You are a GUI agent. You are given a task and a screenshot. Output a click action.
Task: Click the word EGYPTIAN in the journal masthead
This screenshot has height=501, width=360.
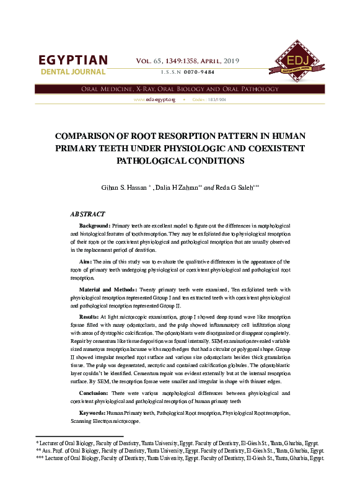pyautogui.click(x=73, y=60)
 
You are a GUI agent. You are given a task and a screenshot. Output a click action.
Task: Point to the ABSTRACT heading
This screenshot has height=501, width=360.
pyautogui.click(x=88, y=214)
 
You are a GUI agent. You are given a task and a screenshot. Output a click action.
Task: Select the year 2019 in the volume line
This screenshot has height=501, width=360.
pyautogui.click(x=230, y=61)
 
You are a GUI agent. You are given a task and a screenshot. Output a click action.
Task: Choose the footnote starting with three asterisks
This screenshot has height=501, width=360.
pyautogui.click(x=180, y=459)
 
